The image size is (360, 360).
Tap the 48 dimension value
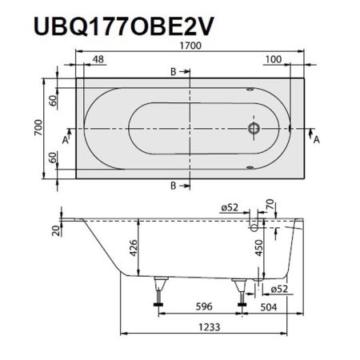(x=98, y=59)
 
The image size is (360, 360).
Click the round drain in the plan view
(x=254, y=127)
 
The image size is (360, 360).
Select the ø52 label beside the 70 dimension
(x=232, y=208)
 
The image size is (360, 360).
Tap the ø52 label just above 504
(x=278, y=289)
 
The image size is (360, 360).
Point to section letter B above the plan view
(x=174, y=72)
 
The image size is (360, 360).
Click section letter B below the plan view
(x=174, y=186)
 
